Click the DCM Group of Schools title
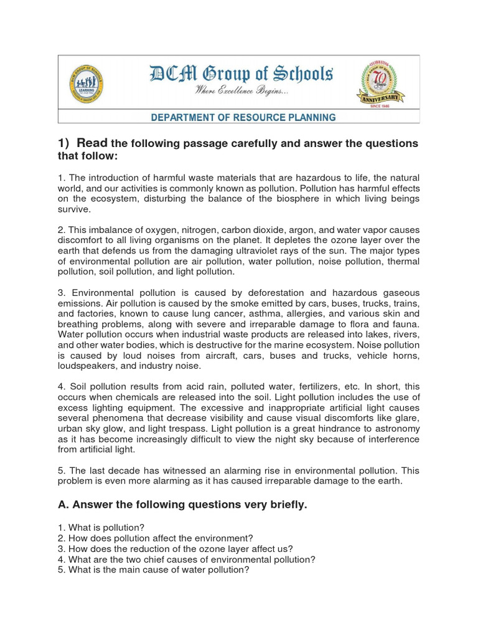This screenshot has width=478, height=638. pyautogui.click(x=241, y=75)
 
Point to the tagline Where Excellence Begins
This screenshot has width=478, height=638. pyautogui.click(x=241, y=92)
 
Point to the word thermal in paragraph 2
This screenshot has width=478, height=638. pyautogui.click(x=403, y=261)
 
